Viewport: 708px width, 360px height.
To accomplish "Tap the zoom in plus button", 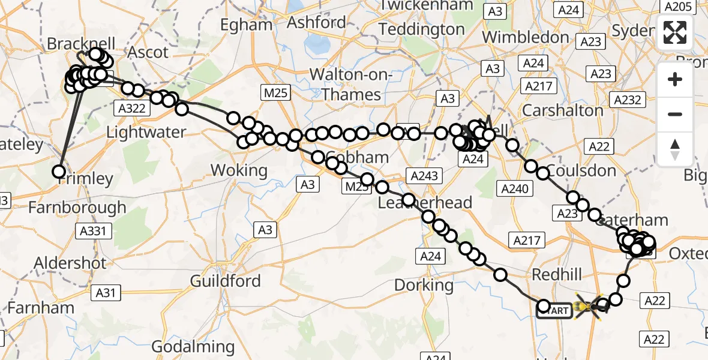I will pos(675,79).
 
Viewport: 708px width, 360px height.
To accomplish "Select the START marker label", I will pos(555,311).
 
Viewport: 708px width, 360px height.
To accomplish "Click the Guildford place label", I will pos(225,281).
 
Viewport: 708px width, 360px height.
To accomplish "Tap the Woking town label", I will pos(239,170).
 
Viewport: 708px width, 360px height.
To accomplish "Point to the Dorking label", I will pos(424,284).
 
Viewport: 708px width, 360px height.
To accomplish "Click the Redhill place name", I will pos(557,275).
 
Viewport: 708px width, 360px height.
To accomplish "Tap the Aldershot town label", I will pos(70,263).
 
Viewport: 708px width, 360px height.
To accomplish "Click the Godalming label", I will pos(193,346).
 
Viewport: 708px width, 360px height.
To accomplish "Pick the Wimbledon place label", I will pos(525,37).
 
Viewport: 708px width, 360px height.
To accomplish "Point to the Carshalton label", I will pos(563,110).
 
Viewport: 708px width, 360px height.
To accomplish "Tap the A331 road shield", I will pos(93,231).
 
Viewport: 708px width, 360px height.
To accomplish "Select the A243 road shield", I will pos(425,176).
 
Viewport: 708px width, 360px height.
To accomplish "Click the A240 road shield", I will pos(514,189).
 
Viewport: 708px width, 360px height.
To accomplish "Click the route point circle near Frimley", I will pos(59,172).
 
